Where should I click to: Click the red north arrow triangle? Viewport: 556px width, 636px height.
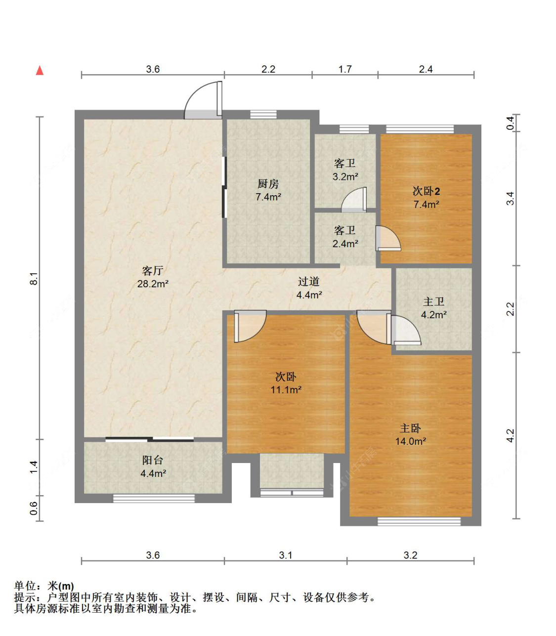pos(40,70)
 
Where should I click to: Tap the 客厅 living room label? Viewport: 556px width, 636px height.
pos(153,271)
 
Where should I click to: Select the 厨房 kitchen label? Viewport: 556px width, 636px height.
pos(268,184)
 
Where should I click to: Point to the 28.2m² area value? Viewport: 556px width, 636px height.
pos(153,284)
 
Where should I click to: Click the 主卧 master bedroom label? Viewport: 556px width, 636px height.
pos(410,428)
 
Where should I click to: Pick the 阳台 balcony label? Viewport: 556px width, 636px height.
pos(153,460)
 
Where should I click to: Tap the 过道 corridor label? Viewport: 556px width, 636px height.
pos(308,281)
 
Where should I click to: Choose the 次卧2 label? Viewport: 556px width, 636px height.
pos(427,191)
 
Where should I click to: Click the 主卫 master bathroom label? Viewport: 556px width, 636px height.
pos(433,301)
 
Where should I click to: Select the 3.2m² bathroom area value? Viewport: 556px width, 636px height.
pos(345,176)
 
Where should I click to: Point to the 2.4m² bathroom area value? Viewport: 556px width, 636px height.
pos(345,244)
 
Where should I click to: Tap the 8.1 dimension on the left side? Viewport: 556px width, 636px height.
pos(34,278)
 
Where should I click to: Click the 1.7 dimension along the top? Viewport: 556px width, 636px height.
pos(345,69)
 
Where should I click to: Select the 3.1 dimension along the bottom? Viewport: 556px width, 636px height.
pos(285,555)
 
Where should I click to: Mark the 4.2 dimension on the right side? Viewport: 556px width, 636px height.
pos(511,435)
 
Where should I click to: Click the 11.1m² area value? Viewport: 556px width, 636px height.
pos(286,389)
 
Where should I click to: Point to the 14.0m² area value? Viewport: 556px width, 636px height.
pos(411,441)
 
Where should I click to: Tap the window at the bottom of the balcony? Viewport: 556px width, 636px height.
pos(154,499)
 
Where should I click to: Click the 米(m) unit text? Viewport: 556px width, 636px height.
pos(61,586)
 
